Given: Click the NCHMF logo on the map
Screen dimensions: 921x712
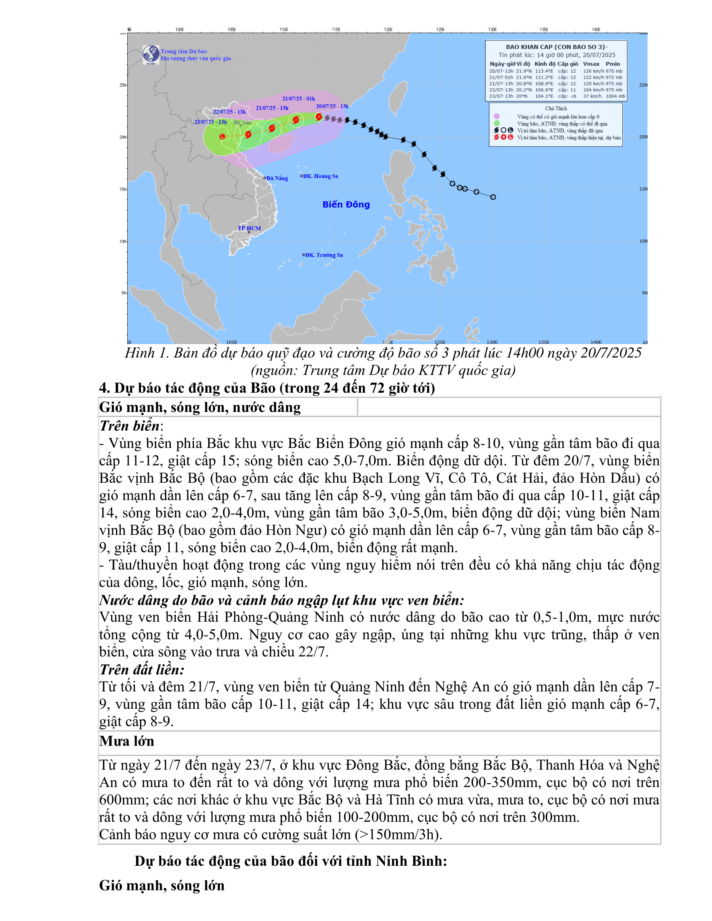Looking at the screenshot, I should click(x=151, y=54).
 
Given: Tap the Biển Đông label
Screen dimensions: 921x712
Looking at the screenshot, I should click(x=346, y=205).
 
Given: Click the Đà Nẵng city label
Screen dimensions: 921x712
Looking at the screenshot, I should click(x=277, y=178).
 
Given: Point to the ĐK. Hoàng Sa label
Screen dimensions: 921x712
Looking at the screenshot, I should click(x=320, y=176).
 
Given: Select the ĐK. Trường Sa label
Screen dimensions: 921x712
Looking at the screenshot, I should click(x=324, y=255).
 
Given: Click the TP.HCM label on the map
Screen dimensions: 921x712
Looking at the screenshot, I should click(x=249, y=229).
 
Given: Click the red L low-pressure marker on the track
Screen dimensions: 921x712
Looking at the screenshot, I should click(x=222, y=136).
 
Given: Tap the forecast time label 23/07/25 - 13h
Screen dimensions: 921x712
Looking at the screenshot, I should click(x=211, y=122).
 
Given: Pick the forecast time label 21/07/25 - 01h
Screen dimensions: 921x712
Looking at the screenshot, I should click(x=299, y=99).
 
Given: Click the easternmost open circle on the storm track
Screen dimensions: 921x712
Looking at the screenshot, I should click(x=493, y=197).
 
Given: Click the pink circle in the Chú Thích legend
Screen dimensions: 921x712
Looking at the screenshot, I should click(x=497, y=116).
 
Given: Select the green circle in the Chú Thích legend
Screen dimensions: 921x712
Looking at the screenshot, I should click(x=497, y=123).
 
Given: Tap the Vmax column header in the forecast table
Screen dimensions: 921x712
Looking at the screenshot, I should click(x=591, y=64).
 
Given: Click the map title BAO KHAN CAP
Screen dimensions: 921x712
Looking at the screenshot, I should click(x=556, y=47).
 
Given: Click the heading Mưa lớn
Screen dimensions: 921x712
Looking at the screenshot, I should click(x=127, y=741).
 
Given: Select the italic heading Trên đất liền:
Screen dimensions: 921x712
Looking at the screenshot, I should click(x=142, y=670).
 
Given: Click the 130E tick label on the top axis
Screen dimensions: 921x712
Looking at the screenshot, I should click(x=492, y=30).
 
